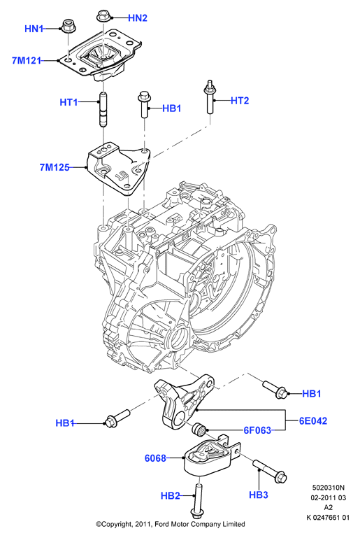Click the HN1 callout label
[x=34, y=29]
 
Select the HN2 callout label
[x=138, y=18]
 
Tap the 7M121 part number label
[x=27, y=61]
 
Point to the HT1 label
[x=69, y=102]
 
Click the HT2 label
[x=240, y=101]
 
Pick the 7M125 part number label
[x=55, y=167]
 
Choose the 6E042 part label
[x=313, y=420]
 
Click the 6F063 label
[x=257, y=430]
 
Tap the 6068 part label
[x=155, y=458]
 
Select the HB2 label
[x=171, y=496]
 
